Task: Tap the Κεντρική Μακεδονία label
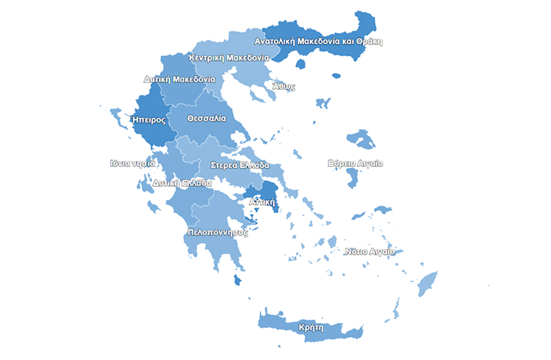[x=228, y=58]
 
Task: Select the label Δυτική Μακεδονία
[x=179, y=79]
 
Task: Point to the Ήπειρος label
[x=149, y=120]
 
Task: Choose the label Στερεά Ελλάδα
[x=240, y=165]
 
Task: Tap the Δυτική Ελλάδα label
[x=182, y=183]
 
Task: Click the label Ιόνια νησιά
[x=133, y=163]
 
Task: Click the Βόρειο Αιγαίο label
[x=355, y=164]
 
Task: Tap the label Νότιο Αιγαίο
[x=369, y=252]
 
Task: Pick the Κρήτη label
[x=310, y=327]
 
